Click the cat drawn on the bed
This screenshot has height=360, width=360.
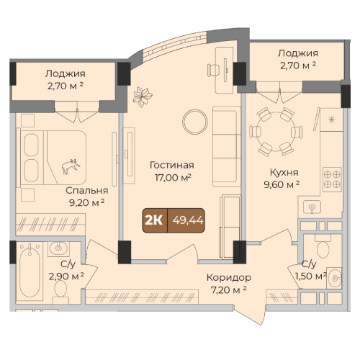pos(71,166)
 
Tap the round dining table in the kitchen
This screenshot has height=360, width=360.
pos(276,132)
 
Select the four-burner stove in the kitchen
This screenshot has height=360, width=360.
pos(332,179)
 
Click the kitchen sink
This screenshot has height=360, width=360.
pos(312,207)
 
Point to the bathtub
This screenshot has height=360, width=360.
pos(30,271)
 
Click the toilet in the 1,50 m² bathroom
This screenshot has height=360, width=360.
pos(323,246)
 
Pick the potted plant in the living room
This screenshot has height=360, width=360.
pos(143,96)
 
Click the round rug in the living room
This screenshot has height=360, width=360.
pos(195,122)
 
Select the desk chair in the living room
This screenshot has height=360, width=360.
pos(213,70)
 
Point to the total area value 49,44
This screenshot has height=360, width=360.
pos(188,220)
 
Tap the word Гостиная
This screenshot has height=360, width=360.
pos(172,166)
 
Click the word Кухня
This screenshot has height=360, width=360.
pos(284,173)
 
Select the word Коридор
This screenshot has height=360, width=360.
pos(229,278)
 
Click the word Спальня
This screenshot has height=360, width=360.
pos(87,191)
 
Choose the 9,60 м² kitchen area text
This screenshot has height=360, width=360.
pos(282,185)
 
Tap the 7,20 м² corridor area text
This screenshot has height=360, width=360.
pos(229,290)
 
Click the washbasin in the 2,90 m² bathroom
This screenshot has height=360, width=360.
pos(58,248)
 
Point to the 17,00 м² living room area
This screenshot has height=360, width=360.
pos(173,178)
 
